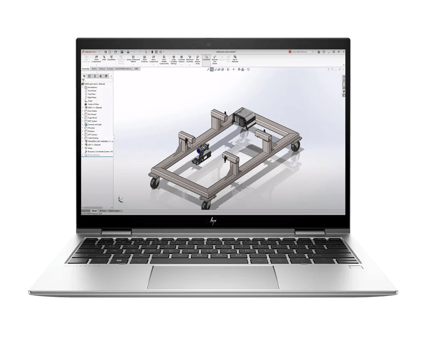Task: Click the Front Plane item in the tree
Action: pos(92,91)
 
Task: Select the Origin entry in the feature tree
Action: pos(90,101)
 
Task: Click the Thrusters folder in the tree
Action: pos(91,128)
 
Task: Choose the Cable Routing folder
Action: pos(93,138)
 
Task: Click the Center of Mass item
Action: pos(94,104)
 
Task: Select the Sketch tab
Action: pos(94,68)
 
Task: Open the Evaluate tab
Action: pos(110,68)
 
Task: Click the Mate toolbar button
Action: pos(104,59)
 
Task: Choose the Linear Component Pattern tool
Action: pos(134,59)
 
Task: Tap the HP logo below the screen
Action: pos(213,220)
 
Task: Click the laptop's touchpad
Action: pos(213,277)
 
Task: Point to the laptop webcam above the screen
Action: pos(209,44)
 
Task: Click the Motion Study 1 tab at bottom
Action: pos(115,211)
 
